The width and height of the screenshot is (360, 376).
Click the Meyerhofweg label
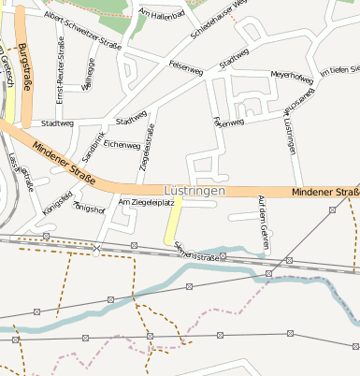click(x=291, y=75)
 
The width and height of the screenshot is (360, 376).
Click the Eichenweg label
click(x=122, y=145)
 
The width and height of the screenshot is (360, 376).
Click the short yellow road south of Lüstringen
click(x=173, y=224)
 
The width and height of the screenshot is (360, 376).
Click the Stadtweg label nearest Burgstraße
click(x=57, y=123)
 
